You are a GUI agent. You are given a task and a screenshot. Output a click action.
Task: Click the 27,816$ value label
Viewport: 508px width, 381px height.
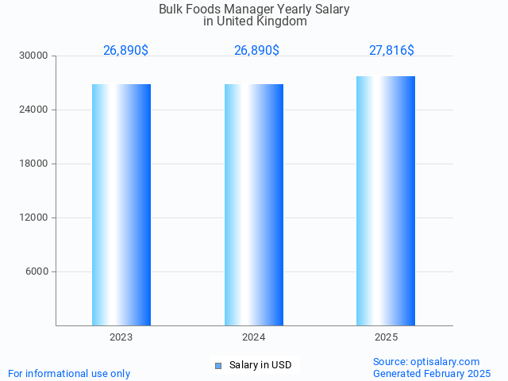pyautogui.click(x=391, y=51)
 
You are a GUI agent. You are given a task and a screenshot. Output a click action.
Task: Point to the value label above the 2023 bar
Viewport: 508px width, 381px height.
pyautogui.click(x=125, y=51)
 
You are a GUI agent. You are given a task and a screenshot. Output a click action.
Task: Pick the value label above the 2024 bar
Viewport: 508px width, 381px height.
pyautogui.click(x=256, y=51)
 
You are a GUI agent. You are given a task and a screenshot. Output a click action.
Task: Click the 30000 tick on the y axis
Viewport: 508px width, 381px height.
pyautogui.click(x=35, y=56)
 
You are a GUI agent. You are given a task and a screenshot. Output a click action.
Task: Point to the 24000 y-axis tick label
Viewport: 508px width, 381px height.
pyautogui.click(x=35, y=110)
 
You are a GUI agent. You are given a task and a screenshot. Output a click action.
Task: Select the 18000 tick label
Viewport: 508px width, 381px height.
pyautogui.click(x=35, y=164)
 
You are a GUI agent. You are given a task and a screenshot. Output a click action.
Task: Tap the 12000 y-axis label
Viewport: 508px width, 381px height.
pyautogui.click(x=35, y=217)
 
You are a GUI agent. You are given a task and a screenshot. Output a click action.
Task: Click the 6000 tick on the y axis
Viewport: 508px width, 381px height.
pyautogui.click(x=37, y=271)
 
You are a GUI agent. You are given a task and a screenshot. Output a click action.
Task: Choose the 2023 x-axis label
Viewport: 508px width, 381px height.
pyautogui.click(x=121, y=337)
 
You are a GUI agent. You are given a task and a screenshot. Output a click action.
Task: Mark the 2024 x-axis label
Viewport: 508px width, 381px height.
pyautogui.click(x=254, y=337)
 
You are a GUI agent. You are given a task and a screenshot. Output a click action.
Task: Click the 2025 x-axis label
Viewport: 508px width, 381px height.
pyautogui.click(x=386, y=337)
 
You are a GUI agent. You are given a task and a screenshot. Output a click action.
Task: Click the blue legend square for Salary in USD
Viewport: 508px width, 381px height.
pyautogui.click(x=218, y=366)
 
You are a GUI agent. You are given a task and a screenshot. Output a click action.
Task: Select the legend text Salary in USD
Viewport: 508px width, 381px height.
pyautogui.click(x=260, y=365)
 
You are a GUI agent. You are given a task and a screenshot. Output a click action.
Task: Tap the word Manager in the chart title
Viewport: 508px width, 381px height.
pyautogui.click(x=242, y=10)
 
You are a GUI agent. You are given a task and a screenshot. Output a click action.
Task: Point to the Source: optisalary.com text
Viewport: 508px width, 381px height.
pyautogui.click(x=426, y=361)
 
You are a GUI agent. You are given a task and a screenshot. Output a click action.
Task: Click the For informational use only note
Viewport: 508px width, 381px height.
pyautogui.click(x=69, y=373)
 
